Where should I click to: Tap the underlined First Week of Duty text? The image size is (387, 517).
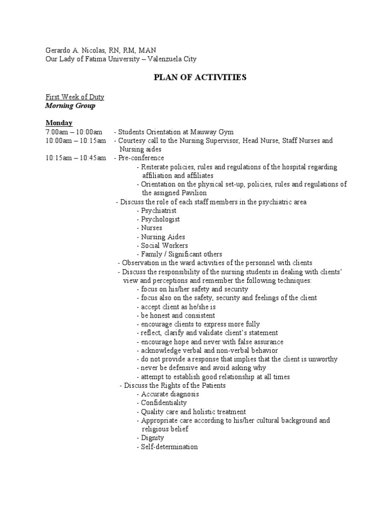pos(75,96)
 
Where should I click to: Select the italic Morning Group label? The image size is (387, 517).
pos(70,106)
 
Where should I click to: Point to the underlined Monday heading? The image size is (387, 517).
pos(59,123)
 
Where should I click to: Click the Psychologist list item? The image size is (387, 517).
pos(160,219)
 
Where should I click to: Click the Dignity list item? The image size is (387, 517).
pos(152,438)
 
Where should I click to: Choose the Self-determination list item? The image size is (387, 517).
pos(169,447)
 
